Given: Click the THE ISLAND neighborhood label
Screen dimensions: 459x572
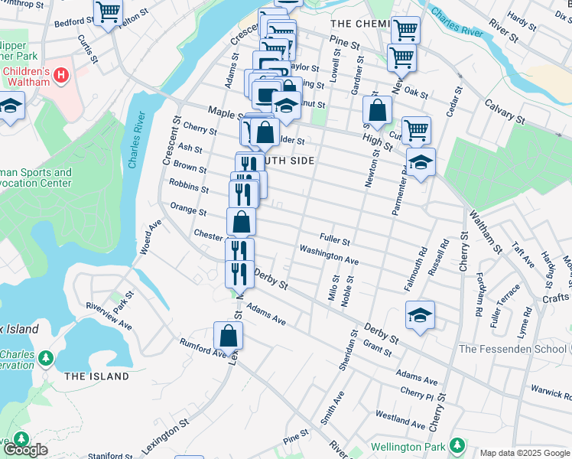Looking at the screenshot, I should pyautogui.click(x=96, y=376).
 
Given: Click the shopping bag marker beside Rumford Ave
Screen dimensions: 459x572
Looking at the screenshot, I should pyautogui.click(x=228, y=335).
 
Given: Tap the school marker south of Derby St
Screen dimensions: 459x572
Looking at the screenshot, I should pyautogui.click(x=420, y=316).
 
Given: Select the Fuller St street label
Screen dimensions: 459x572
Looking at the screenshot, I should pyautogui.click(x=334, y=241).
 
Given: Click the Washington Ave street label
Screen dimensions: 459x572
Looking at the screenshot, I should pyautogui.click(x=329, y=255).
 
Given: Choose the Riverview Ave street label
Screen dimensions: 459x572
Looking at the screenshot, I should pyautogui.click(x=109, y=315).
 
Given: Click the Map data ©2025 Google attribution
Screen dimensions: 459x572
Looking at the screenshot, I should pyautogui.click(x=525, y=453).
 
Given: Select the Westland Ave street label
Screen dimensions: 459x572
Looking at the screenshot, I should pyautogui.click(x=400, y=419).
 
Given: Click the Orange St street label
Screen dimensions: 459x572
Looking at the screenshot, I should pyautogui.click(x=188, y=210).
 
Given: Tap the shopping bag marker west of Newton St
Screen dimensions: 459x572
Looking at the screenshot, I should pyautogui.click(x=377, y=111).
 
